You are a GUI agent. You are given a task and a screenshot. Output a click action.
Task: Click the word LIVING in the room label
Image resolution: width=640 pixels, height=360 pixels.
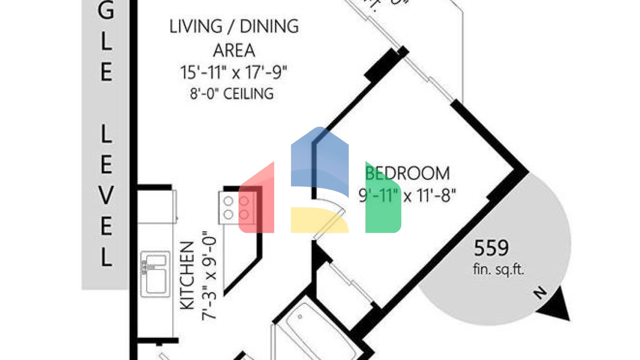click(x=196, y=27)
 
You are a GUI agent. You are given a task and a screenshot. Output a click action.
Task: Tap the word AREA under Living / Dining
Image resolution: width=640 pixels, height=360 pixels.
click(x=234, y=51)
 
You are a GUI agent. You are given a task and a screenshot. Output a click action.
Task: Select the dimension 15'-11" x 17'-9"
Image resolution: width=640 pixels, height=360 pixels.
click(x=234, y=72)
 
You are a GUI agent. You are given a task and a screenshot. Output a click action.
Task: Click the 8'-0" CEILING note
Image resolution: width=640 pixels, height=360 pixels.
click(x=232, y=94)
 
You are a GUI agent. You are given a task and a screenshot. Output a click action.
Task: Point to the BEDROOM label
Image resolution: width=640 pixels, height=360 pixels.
click(x=407, y=173)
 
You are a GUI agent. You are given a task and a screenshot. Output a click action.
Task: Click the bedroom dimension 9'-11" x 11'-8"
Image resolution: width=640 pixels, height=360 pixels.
click(x=407, y=195)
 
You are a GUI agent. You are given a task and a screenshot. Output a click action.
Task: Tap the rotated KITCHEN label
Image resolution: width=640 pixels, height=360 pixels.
click(x=187, y=275)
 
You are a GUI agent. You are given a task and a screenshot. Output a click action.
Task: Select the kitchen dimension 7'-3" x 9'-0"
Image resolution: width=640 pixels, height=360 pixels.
click(x=210, y=275)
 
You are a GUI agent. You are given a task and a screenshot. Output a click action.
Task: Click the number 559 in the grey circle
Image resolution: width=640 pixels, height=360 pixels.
click(x=491, y=248)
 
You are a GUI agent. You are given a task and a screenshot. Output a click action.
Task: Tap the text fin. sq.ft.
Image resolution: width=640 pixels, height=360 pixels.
click(x=498, y=269)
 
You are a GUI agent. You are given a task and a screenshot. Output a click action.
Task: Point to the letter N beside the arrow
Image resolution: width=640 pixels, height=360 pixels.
click(x=540, y=293)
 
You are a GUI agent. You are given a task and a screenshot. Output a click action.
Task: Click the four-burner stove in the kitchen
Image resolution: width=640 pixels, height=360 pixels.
click(x=236, y=207)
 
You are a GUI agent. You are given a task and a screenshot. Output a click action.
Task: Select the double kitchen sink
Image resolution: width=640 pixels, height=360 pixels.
click(x=155, y=274)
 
